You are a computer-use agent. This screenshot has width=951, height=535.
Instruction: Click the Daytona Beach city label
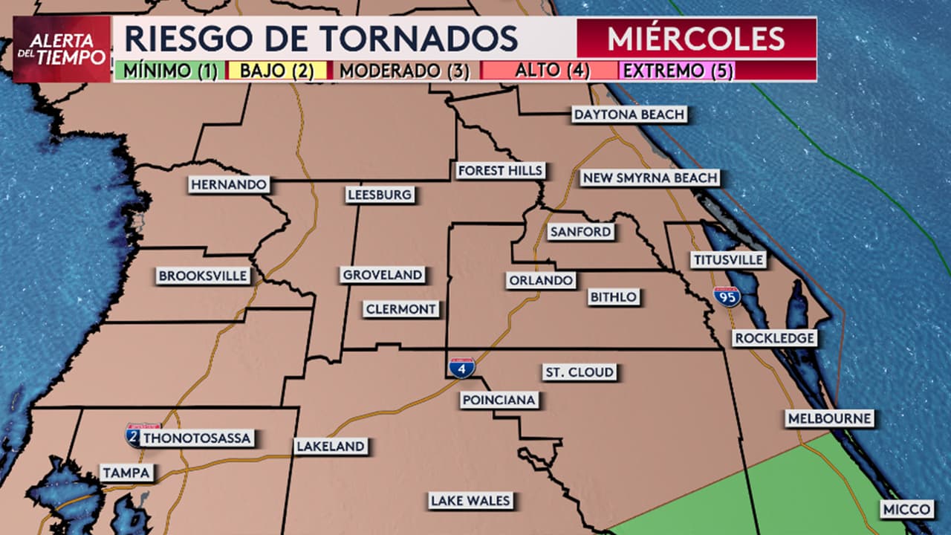(629, 114)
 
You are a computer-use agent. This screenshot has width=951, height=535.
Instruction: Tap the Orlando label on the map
(541, 281)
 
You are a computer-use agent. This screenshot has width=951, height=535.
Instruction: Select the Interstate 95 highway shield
(727, 297)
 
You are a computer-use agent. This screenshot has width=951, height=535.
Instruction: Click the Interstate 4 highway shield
(462, 368)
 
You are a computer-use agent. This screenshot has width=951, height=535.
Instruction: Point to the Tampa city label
(127, 473)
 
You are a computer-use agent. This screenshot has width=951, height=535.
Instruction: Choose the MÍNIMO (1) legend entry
(170, 71)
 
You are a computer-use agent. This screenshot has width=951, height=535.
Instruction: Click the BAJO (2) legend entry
(278, 71)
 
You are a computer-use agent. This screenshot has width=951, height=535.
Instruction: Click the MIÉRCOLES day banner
(696, 38)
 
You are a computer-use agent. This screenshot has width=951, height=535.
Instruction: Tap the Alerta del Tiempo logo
(62, 49)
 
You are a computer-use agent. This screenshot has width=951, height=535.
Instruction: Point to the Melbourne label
(829, 418)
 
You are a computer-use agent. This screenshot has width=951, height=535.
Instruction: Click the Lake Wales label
(471, 501)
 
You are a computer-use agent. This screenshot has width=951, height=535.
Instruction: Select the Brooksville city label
(203, 276)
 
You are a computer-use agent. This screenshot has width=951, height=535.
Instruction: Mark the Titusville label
(728, 260)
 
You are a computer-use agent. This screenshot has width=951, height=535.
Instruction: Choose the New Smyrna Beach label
(649, 178)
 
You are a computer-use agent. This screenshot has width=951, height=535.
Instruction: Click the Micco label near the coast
(907, 510)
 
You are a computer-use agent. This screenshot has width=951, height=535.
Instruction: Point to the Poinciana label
(499, 401)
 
